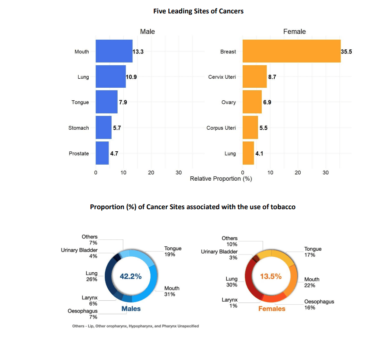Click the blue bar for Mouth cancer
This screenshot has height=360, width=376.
pyautogui.click(x=114, y=51)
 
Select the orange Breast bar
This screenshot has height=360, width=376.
pyautogui.click(x=292, y=51)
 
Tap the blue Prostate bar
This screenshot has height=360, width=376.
pyautogui.click(x=102, y=153)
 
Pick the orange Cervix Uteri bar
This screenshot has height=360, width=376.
pyautogui.click(x=255, y=76)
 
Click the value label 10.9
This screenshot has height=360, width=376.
pyautogui.click(x=132, y=77)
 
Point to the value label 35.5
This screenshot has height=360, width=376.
pyautogui.click(x=347, y=51)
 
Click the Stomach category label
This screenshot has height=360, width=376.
pyautogui.click(x=79, y=128)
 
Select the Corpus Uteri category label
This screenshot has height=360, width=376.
pyautogui.click(x=221, y=128)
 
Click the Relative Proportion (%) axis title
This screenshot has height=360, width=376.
pyautogui.click(x=221, y=178)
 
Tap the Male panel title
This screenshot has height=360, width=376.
pyautogui.click(x=148, y=32)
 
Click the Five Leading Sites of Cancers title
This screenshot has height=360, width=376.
pyautogui.click(x=198, y=11)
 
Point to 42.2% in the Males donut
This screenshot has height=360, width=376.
pyautogui.click(x=131, y=277)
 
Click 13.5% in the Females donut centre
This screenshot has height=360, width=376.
pyautogui.click(x=271, y=277)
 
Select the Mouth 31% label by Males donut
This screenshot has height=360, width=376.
pyautogui.click(x=172, y=291)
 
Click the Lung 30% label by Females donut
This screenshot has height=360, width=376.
pyautogui.click(x=231, y=282)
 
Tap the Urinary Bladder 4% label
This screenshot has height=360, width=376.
pyautogui.click(x=79, y=253)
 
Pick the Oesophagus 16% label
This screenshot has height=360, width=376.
pyautogui.click(x=319, y=304)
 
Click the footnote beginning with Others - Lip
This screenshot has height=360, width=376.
pyautogui.click(x=135, y=326)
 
